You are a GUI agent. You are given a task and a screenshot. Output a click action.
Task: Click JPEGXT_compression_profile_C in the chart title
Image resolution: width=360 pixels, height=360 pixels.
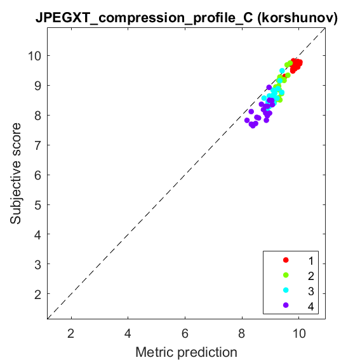point(144,18)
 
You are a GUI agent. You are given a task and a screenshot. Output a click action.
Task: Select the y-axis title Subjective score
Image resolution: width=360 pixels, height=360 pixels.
point(16,173)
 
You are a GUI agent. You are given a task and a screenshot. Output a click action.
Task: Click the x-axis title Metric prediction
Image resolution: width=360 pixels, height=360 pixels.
point(186,352)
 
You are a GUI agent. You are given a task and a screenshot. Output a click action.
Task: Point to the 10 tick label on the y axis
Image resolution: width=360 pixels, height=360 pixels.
point(34,56)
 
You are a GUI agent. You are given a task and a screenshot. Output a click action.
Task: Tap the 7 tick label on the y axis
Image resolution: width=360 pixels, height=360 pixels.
point(37,145)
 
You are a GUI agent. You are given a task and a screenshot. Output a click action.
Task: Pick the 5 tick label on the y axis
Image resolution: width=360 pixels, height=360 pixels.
point(37,204)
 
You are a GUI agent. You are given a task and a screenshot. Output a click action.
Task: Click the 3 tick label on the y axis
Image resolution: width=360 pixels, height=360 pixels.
point(37,264)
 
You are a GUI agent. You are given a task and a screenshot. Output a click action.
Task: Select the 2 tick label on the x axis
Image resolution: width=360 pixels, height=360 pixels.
point(71,333)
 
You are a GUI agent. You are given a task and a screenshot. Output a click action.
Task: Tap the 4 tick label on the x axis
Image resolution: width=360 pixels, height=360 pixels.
point(128,333)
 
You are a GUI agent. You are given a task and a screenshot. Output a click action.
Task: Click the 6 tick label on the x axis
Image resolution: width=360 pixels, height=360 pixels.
point(185,333)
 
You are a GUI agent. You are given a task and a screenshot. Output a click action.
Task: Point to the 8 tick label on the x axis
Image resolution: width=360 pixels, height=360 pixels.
point(242,333)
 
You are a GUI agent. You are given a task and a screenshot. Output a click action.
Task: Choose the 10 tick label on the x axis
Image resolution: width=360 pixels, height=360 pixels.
point(299,333)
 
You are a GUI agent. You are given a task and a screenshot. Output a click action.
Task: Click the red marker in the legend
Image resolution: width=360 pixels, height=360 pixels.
point(286,260)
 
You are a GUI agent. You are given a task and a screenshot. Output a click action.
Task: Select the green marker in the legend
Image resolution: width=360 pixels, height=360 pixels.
point(286,275)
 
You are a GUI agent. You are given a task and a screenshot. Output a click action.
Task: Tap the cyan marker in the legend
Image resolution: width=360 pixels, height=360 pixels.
point(286,290)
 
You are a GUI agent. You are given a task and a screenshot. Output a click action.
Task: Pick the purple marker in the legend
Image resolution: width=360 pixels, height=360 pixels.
point(286,305)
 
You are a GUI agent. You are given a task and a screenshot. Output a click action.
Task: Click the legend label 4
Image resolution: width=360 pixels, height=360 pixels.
point(311,306)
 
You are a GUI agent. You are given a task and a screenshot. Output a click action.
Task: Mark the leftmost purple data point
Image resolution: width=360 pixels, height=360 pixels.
point(247,120)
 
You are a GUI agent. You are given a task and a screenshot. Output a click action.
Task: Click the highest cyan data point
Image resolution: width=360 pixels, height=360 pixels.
point(282,70)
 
